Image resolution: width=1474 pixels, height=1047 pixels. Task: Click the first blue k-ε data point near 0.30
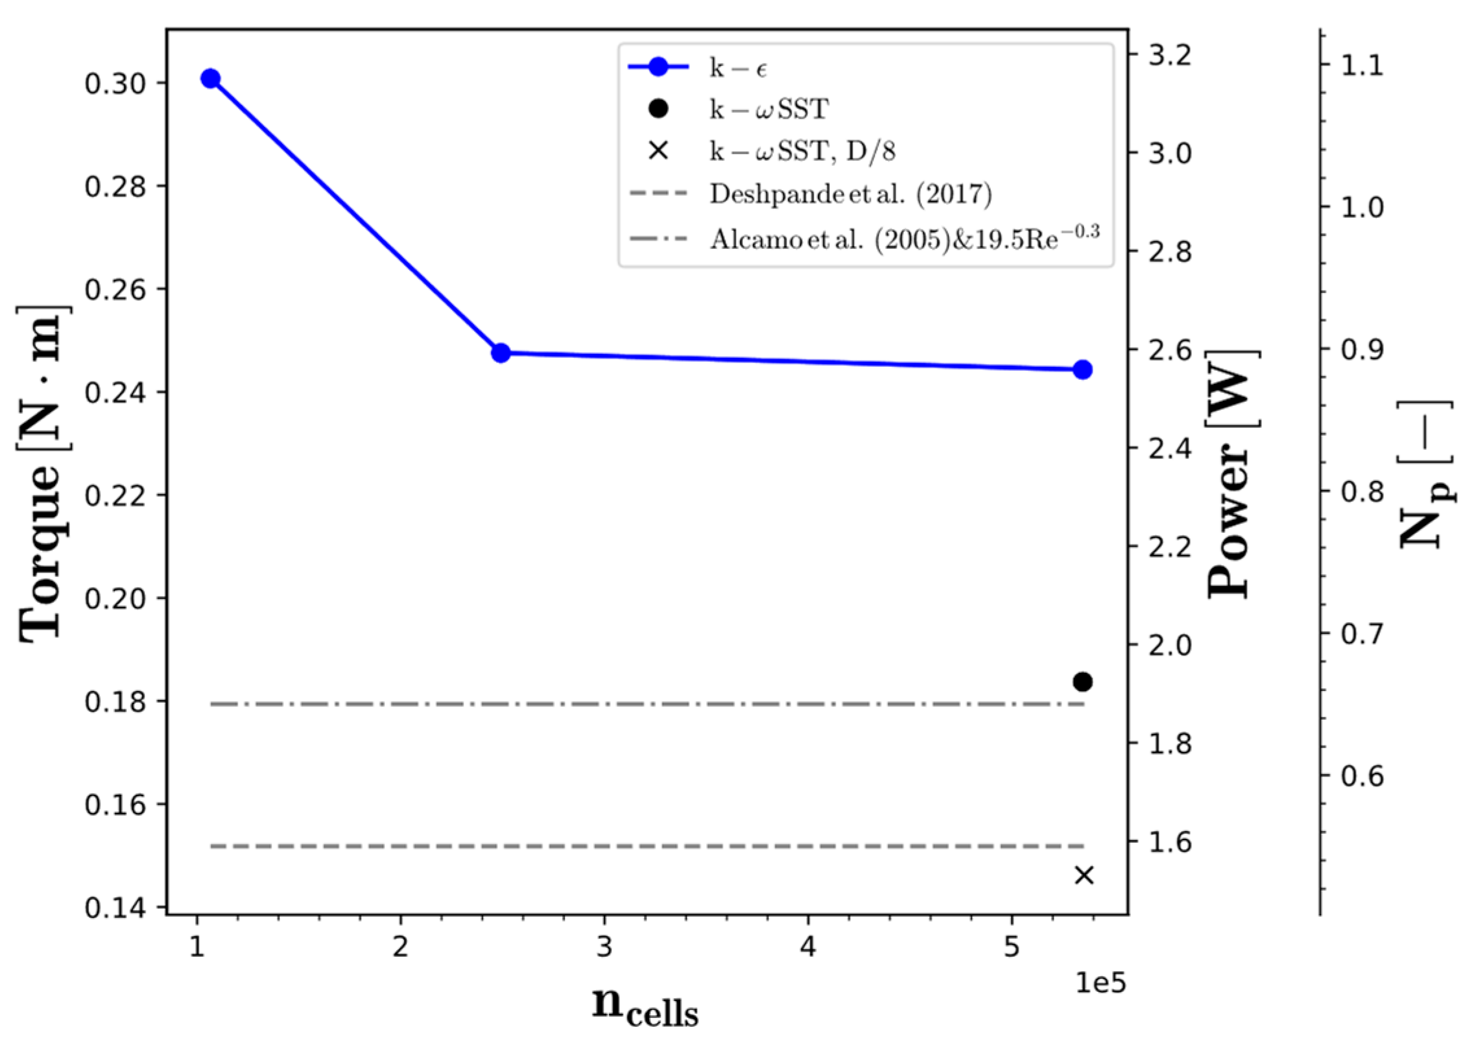tap(210, 79)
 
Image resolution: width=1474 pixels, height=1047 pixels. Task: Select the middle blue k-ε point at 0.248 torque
tap(501, 353)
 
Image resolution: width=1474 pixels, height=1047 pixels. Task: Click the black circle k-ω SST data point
tap(1083, 682)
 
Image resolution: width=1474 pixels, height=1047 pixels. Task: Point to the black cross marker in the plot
tap(1084, 875)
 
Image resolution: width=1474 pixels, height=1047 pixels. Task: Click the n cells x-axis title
tap(645, 1006)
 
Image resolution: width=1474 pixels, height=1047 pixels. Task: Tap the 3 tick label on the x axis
tap(604, 947)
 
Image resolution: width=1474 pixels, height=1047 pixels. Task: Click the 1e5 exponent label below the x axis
tap(1100, 983)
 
